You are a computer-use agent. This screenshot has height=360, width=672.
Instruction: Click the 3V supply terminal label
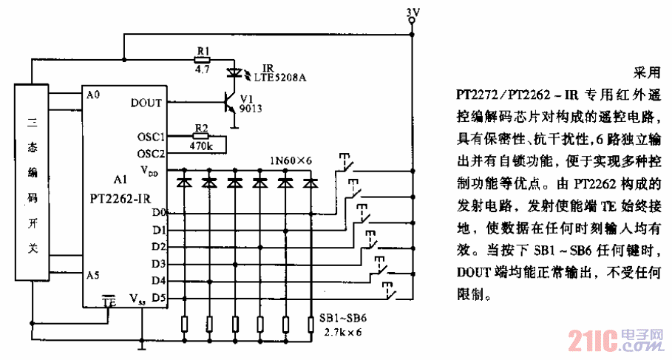click(413, 11)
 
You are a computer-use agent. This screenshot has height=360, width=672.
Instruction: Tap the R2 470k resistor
click(200, 136)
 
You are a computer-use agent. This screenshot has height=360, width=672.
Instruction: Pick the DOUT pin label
click(146, 103)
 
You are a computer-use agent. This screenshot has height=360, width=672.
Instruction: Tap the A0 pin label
click(92, 95)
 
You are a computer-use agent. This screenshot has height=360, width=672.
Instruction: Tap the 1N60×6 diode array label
click(291, 160)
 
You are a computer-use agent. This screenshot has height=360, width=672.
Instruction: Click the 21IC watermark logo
click(591, 342)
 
